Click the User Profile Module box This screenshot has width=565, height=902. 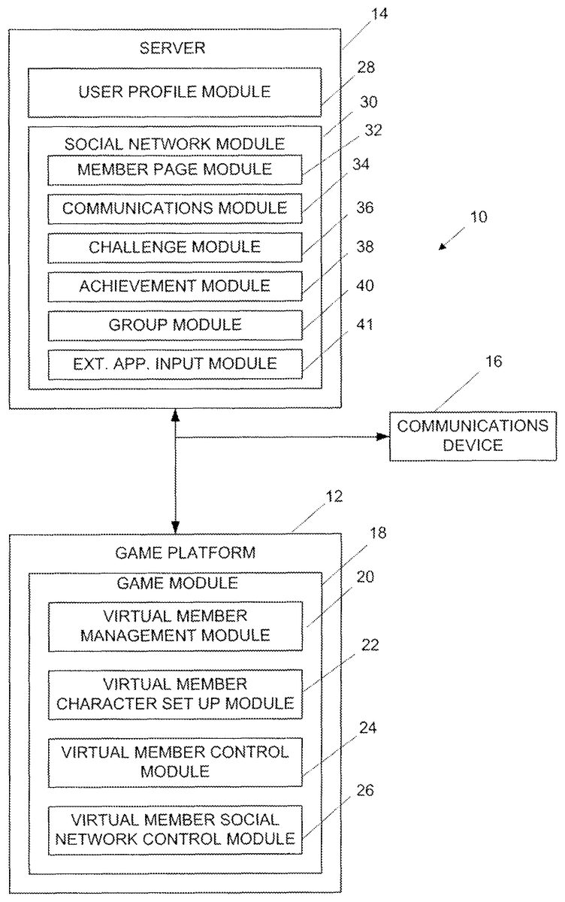174,92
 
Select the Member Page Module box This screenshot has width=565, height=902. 174,169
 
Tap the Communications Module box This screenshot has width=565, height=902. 174,207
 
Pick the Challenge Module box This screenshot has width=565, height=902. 174,247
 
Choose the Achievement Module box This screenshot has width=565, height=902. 174,286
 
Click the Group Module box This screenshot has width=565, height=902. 174,325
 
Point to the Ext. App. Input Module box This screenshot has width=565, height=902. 174,364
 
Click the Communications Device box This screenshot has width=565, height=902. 473,435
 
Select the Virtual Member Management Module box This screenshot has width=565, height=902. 174,625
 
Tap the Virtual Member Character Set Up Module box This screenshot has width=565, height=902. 174,695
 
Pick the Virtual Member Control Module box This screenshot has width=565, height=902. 174,761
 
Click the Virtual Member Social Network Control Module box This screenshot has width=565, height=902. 174,829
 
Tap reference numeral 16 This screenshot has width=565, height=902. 493,362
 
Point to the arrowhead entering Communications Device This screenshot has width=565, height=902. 382,436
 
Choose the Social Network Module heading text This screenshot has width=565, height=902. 174,143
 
